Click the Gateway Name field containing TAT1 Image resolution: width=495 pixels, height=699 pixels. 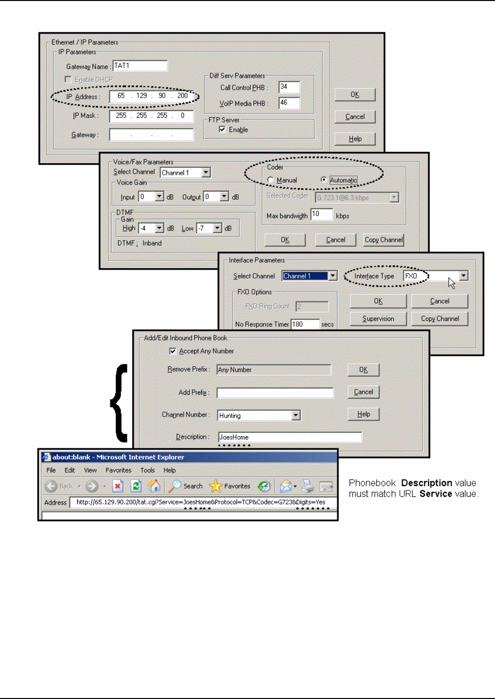tap(140, 66)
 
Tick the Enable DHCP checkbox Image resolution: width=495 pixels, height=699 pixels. tap(68, 79)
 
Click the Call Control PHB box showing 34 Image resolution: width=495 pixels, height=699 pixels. tap(289, 87)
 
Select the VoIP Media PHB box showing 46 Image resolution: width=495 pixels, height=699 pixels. tap(289, 103)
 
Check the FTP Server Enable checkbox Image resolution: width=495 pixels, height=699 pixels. tap(223, 129)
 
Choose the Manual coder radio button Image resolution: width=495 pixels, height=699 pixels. tap(270, 180)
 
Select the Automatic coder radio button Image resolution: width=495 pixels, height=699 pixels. tap(324, 180)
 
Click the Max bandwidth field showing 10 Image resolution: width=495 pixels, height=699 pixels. tap(322, 215)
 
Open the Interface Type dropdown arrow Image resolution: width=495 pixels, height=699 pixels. tap(463, 276)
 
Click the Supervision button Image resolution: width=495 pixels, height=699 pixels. tap(378, 318)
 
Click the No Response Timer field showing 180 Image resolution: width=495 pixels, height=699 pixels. tap(305, 324)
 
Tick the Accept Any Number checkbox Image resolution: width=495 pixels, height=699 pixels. tap(172, 351)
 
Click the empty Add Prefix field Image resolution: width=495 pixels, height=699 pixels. tap(275, 393)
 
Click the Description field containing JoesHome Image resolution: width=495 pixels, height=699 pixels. tap(290, 437)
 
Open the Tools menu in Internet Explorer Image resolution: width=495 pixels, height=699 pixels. tap(147, 470)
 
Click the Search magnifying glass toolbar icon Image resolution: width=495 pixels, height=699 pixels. tap(175, 486)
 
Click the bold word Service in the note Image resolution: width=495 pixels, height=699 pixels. tap(436, 494)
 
